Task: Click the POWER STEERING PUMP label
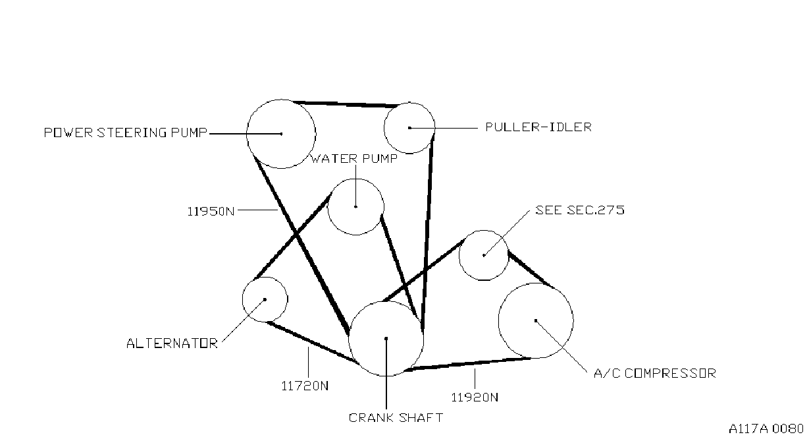(x=125, y=133)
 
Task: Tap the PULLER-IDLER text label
(x=538, y=127)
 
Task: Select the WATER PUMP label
(x=353, y=158)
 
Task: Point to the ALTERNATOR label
(x=172, y=343)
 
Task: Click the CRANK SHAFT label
(x=396, y=418)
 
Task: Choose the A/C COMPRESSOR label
(x=655, y=373)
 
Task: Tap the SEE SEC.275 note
(x=580, y=210)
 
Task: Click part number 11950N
(x=211, y=211)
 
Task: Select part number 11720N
(x=305, y=386)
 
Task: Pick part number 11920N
(x=475, y=398)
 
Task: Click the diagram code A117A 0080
(x=766, y=428)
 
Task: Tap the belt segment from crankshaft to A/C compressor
(x=468, y=364)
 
